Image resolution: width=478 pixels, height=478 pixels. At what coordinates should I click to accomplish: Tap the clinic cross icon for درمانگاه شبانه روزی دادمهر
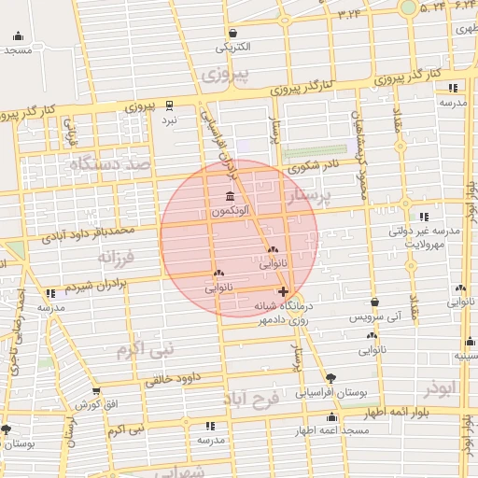(284, 292)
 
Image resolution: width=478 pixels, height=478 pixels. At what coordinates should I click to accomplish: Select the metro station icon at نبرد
(169, 105)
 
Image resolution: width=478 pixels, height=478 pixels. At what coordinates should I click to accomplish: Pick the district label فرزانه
(117, 255)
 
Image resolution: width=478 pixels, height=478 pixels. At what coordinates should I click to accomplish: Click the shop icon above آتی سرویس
(374, 302)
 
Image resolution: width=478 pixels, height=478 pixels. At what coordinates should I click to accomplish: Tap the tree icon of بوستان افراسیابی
(331, 378)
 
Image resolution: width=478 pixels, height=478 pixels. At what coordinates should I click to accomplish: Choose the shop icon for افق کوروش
(95, 390)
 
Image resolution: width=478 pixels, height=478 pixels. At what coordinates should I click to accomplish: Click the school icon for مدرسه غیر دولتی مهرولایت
(425, 217)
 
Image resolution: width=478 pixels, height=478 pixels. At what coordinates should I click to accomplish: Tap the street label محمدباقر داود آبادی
(83, 232)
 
